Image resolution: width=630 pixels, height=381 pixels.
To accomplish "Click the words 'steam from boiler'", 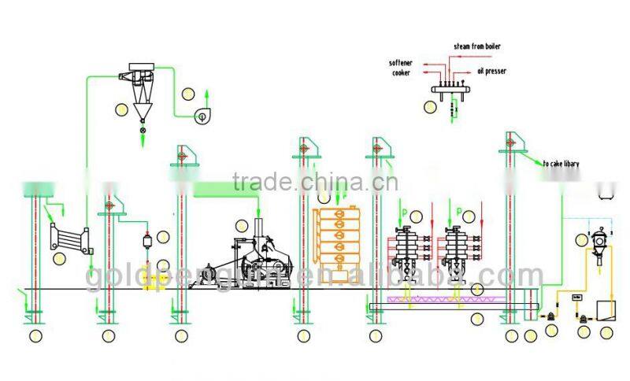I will tap(476, 46).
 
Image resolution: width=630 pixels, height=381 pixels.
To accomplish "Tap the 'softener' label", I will tap(401, 62).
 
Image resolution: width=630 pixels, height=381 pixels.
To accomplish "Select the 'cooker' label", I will tap(402, 73).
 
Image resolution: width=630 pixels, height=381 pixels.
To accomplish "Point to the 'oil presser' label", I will tap(490, 72).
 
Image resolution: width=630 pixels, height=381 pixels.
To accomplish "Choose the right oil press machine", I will tap(458, 254).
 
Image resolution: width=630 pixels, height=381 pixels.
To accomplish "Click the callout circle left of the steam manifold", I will tap(430, 105).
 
